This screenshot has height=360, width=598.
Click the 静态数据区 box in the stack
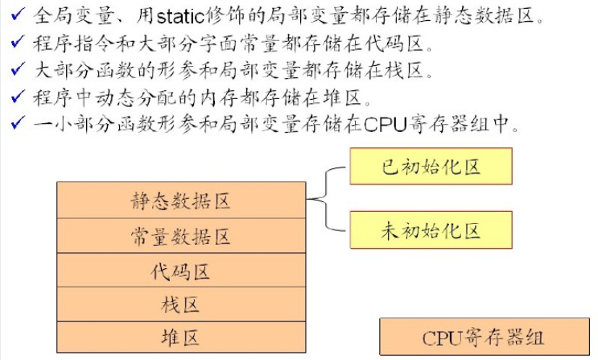tap(180, 201)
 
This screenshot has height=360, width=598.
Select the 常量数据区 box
tap(180, 236)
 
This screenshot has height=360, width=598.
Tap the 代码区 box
tap(180, 271)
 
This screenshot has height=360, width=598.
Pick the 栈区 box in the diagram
tap(180, 304)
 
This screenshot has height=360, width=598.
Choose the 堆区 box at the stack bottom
tap(180, 337)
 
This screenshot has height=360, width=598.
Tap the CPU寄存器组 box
tap(483, 337)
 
